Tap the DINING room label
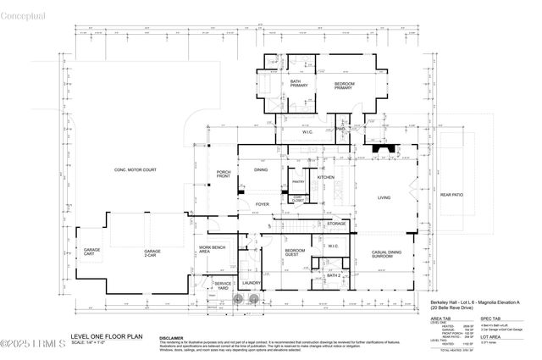pos(262,170)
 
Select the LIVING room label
pos(384,198)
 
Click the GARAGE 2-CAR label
pos(152,252)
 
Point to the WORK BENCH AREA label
pos(210,250)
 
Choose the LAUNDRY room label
pos(251,283)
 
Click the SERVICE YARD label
pos(223,286)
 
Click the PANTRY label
pos(298,181)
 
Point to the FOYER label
pos(263,204)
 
